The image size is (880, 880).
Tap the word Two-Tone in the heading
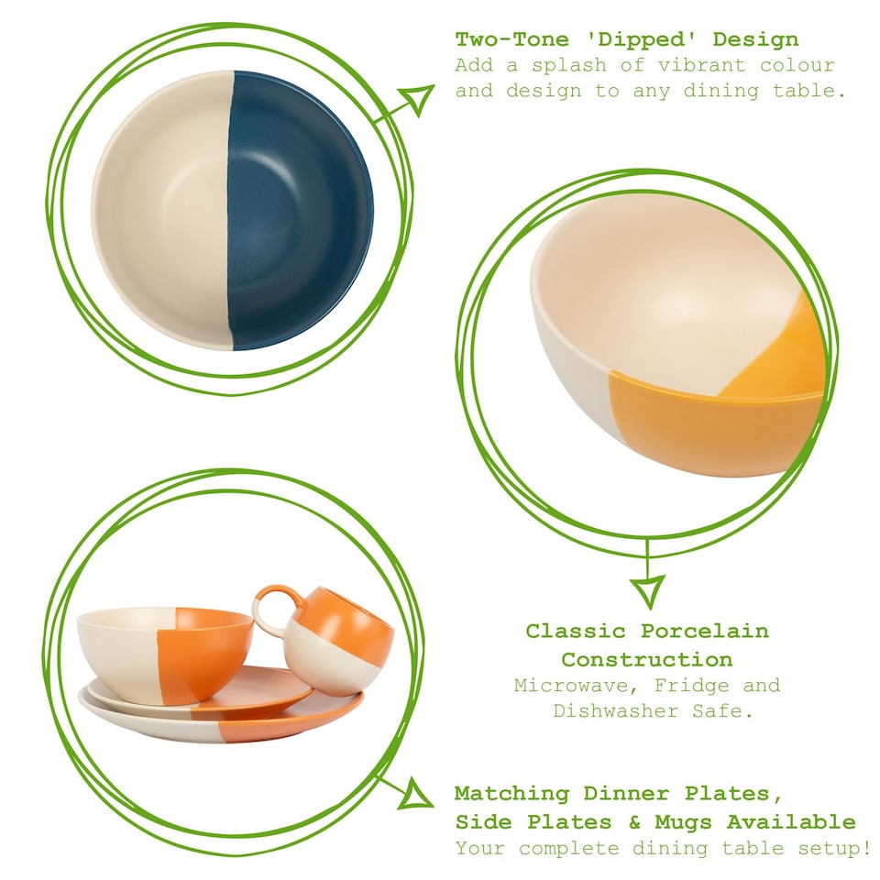[512, 39]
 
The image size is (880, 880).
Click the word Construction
[647, 659]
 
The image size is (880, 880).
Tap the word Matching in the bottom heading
[511, 794]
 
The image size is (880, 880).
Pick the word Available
[791, 822]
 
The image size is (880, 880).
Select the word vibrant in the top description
[702, 65]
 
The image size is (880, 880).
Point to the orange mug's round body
[339, 640]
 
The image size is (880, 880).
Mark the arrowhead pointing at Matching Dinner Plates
[414, 794]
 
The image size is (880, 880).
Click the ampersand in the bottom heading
[633, 822]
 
